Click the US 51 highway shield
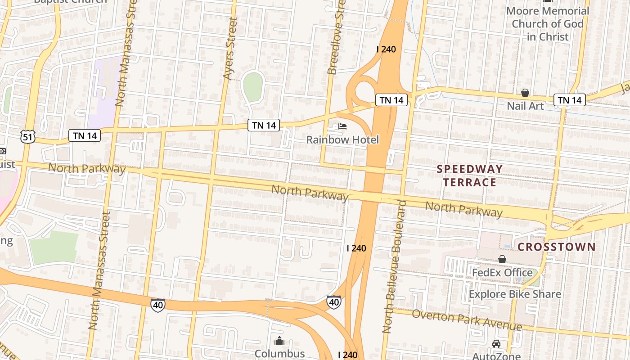pyautogui.click(x=28, y=136)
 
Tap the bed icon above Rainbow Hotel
pyautogui.click(x=342, y=126)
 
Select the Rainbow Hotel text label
pyautogui.click(x=342, y=140)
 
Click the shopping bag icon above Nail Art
pyautogui.click(x=525, y=93)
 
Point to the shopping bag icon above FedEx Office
pyautogui.click(x=502, y=259)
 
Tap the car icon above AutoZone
pyautogui.click(x=496, y=344)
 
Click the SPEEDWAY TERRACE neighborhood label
pyautogui.click(x=470, y=175)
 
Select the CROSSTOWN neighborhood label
pyautogui.click(x=557, y=247)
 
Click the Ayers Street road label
pyautogui.click(x=230, y=49)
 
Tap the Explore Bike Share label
pyautogui.click(x=515, y=294)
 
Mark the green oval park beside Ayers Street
pyautogui.click(x=253, y=86)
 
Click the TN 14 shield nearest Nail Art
pyautogui.click(x=569, y=100)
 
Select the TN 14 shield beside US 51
pyautogui.click(x=85, y=135)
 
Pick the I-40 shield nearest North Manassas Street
pyautogui.click(x=157, y=305)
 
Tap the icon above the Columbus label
pyautogui.click(x=279, y=341)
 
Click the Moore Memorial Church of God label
pyautogui.click(x=547, y=23)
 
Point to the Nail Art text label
pyautogui.click(x=525, y=106)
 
